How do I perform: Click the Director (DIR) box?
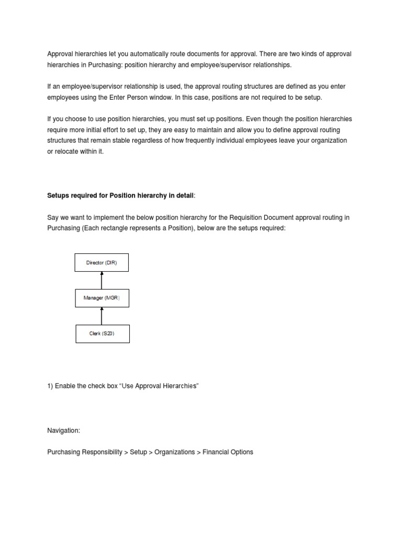pos(102,263)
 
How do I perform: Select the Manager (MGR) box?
pos(102,298)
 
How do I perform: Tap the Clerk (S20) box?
pos(102,333)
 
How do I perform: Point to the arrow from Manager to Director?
pos(102,280)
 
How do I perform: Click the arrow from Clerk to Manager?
pos(102,316)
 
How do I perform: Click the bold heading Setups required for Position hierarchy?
pos(120,195)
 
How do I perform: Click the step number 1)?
pos(50,386)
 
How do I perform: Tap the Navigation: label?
pos(63,430)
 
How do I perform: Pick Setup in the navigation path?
pos(138,452)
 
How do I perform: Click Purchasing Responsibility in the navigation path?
pos(84,452)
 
